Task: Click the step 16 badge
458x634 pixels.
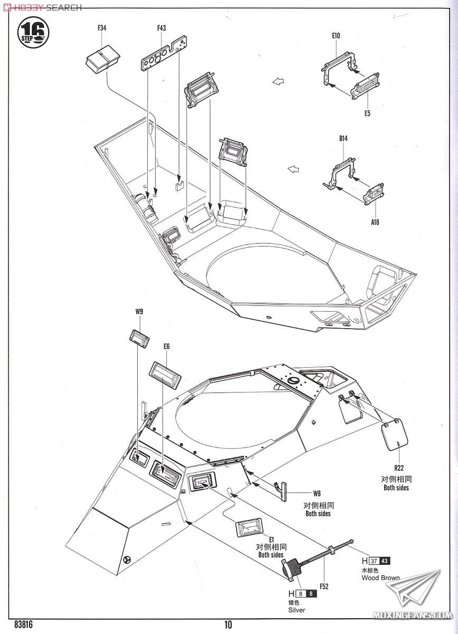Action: pyautogui.click(x=33, y=33)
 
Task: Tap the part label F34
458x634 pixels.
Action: pyautogui.click(x=101, y=28)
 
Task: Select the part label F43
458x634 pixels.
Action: pyautogui.click(x=161, y=28)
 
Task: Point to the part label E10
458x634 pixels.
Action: pyautogui.click(x=336, y=36)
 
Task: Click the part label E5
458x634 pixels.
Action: pyautogui.click(x=367, y=114)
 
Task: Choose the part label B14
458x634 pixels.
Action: pyautogui.click(x=343, y=138)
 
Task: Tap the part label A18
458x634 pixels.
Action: pyautogui.click(x=375, y=222)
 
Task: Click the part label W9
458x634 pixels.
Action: pyautogui.click(x=139, y=312)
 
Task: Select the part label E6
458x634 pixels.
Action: pyautogui.click(x=166, y=347)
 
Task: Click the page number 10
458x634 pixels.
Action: pyautogui.click(x=228, y=624)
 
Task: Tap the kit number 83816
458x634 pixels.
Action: pyautogui.click(x=23, y=624)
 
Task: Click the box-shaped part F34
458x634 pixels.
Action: pyautogui.click(x=102, y=61)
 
